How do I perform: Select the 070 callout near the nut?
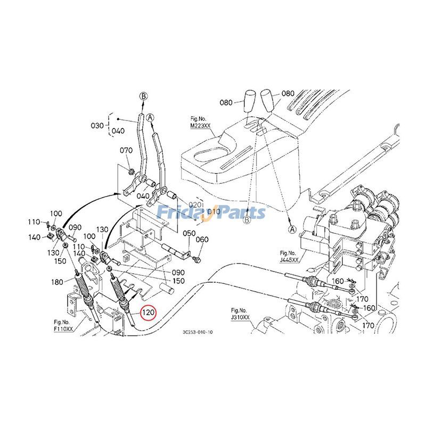[126, 151]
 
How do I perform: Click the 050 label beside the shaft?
[190, 234]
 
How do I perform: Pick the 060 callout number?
[202, 240]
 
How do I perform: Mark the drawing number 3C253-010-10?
[196, 332]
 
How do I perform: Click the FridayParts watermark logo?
[212, 213]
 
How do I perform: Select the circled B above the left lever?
[143, 96]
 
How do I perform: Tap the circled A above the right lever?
[151, 117]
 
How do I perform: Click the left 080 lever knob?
[251, 101]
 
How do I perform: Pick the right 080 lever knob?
[268, 100]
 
